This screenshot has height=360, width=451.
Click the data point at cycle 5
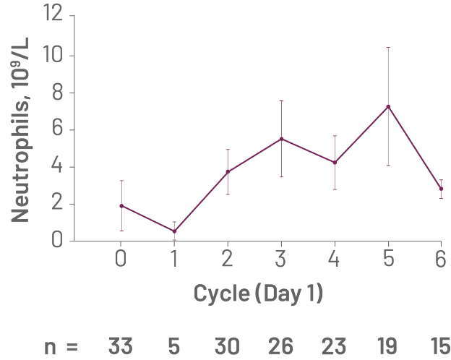388,107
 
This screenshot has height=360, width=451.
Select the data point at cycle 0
121,206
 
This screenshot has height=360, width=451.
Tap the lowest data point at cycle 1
174,231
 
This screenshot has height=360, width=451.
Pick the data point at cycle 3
281,139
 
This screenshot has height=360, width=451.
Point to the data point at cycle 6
441,189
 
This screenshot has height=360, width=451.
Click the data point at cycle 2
228,172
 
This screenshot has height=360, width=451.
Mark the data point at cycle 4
335,163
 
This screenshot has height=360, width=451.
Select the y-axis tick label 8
58,93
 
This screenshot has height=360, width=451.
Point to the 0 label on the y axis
58,241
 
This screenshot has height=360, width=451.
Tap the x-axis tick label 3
281,258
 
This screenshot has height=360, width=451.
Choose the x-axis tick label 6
441,258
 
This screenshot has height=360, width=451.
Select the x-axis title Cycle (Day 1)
258,293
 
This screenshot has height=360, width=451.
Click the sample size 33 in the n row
121,346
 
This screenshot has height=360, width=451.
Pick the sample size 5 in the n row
174,346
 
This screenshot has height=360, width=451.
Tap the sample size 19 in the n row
388,346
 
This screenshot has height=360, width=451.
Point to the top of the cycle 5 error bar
388,48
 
